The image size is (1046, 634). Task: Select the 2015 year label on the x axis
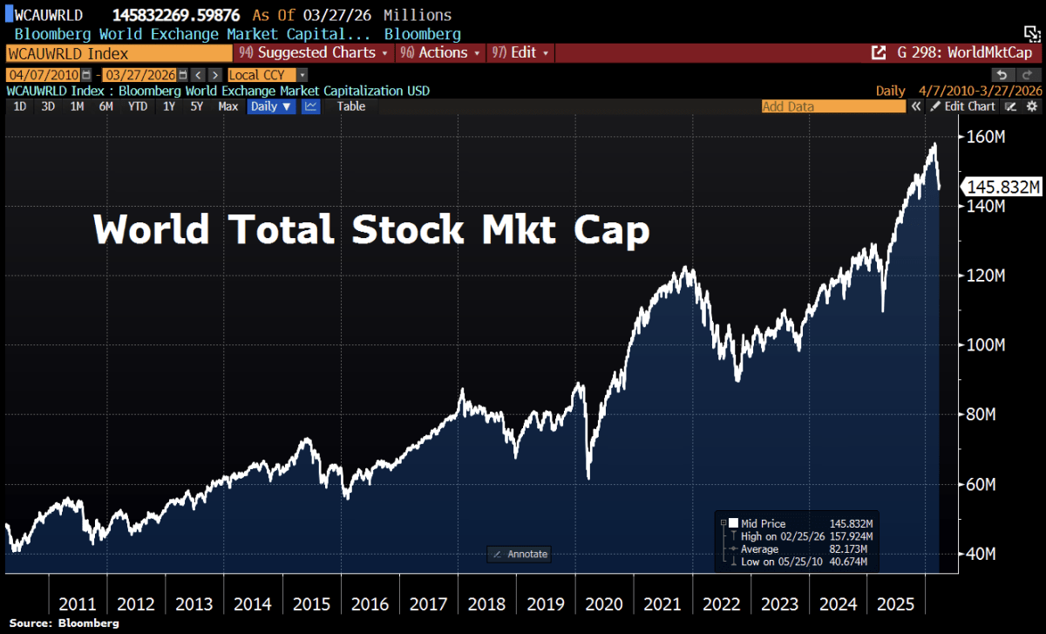tap(311, 604)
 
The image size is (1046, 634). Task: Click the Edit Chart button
tap(963, 106)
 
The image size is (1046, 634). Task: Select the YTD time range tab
tap(137, 106)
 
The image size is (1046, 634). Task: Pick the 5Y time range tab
tap(197, 106)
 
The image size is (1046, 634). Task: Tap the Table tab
tap(351, 106)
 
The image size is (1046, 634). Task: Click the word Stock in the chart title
tap(407, 229)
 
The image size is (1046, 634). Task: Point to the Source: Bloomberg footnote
tap(65, 624)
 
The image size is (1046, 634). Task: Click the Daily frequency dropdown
tap(272, 106)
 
